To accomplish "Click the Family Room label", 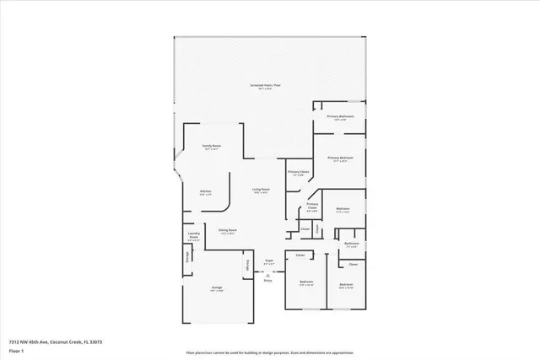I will coord(210,147).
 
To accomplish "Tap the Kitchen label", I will coord(205,192).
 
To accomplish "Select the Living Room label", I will coord(261,190).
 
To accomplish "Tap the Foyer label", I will coord(269,262).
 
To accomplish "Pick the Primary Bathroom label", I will coord(341,116).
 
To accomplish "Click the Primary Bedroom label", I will coord(340,158).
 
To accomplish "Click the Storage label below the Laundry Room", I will coord(186,256).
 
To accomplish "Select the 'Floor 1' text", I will coord(15,350).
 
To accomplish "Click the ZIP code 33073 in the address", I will coord(96,341).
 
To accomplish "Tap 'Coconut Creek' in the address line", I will coord(66,341).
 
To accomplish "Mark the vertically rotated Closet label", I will coord(317,228).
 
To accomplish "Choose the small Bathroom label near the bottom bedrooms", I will coord(352,244).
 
